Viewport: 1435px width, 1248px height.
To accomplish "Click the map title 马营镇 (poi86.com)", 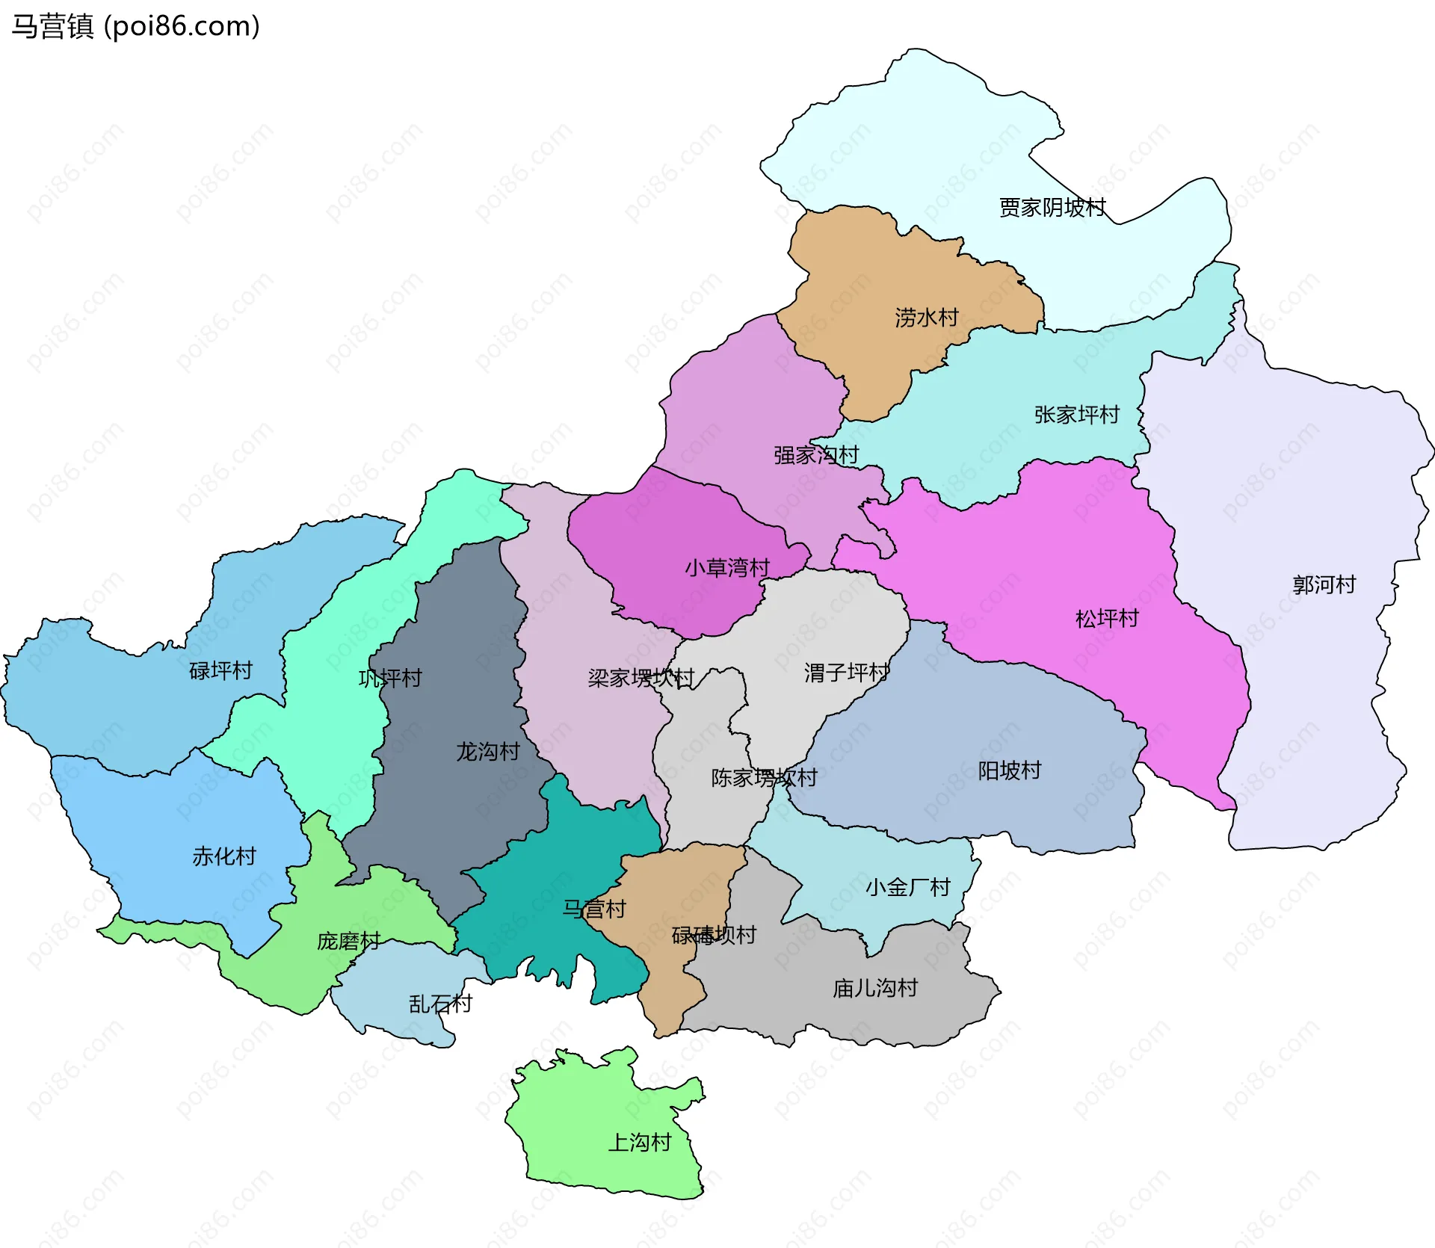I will pyautogui.click(x=135, y=26).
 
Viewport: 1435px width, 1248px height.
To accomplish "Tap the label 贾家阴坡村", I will pyautogui.click(x=1052, y=207).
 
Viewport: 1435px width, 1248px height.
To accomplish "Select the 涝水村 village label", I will pyautogui.click(x=927, y=318).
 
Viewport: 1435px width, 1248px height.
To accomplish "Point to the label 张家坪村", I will pyautogui.click(x=1077, y=415).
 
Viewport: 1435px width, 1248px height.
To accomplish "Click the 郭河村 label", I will pyautogui.click(x=1324, y=584).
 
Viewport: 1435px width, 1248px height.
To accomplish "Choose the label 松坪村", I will pyautogui.click(x=1107, y=618).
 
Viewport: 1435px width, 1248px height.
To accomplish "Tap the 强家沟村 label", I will pyautogui.click(x=816, y=454).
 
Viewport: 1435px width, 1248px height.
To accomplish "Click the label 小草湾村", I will pyautogui.click(x=727, y=568).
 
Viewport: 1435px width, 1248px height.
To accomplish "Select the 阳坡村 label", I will pyautogui.click(x=1009, y=770).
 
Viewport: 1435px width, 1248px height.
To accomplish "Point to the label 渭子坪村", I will pyautogui.click(x=847, y=673).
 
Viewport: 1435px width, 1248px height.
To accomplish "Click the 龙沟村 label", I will pyautogui.click(x=488, y=751).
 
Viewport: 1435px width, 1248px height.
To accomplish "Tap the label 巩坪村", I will pyautogui.click(x=390, y=678).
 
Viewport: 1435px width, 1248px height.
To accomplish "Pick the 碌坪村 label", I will pyautogui.click(x=220, y=670).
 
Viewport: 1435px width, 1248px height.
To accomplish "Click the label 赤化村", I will pyautogui.click(x=224, y=856).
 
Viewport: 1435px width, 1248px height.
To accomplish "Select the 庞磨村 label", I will pyautogui.click(x=348, y=941).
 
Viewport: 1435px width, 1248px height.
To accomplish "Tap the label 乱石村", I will pyautogui.click(x=440, y=1004).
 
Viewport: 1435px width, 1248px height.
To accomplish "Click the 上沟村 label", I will pyautogui.click(x=640, y=1142).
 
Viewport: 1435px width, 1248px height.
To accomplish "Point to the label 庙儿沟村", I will pyautogui.click(x=875, y=988).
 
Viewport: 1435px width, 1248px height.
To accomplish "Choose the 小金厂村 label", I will pyautogui.click(x=907, y=887).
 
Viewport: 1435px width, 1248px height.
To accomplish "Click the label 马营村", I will pyautogui.click(x=594, y=909).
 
